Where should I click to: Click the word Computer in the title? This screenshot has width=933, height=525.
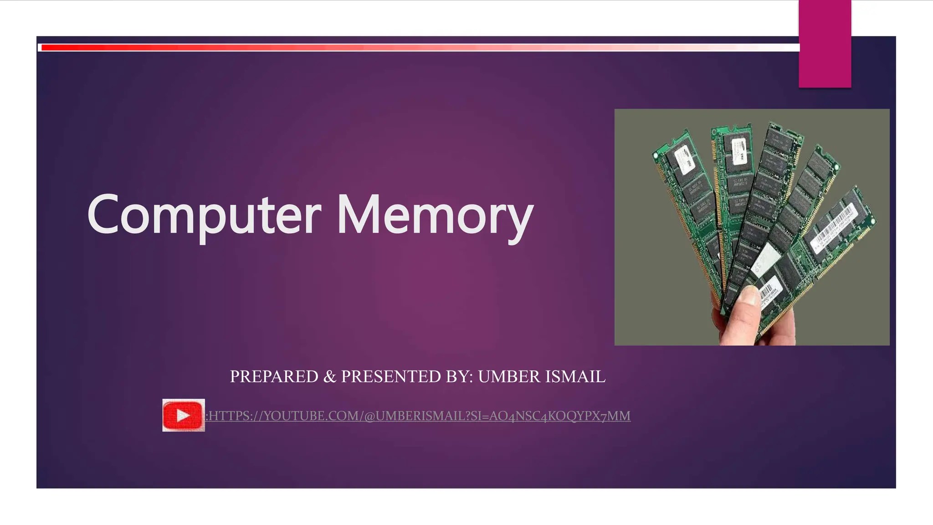pyautogui.click(x=204, y=214)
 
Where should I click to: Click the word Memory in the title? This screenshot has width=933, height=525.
pyautogui.click(x=435, y=214)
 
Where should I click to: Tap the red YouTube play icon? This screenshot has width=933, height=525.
pyautogui.click(x=183, y=415)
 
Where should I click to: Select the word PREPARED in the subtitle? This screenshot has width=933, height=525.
pyautogui.click(x=274, y=376)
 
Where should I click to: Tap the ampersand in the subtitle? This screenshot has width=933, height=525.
pyautogui.click(x=329, y=376)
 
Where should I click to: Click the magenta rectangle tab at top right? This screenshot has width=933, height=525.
pyautogui.click(x=825, y=44)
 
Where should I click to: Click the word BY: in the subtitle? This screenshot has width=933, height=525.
pyautogui.click(x=460, y=376)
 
